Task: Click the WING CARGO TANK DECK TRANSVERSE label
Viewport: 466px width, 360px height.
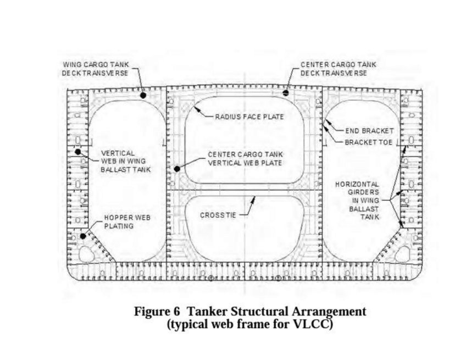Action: (x=96, y=69)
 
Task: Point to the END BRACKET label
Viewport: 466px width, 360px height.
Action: (x=369, y=130)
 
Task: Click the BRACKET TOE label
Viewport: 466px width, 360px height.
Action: (x=369, y=142)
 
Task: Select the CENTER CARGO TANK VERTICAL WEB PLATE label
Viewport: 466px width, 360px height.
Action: (x=245, y=159)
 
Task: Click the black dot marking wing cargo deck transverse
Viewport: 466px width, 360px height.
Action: (x=143, y=95)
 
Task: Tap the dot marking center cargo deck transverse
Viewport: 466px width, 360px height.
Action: (x=286, y=93)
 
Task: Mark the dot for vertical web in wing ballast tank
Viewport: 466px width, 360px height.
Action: (x=78, y=151)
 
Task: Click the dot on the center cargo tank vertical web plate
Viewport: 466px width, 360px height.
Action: (x=177, y=168)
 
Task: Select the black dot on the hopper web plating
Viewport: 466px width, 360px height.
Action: (x=83, y=236)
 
